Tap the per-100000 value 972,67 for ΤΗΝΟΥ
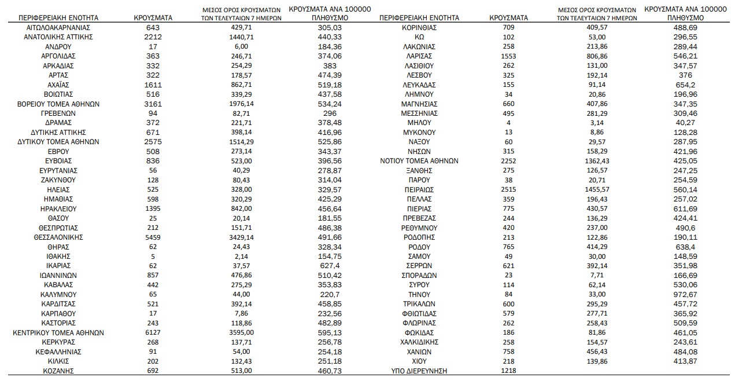[685, 295]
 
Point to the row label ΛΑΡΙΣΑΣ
[419, 56]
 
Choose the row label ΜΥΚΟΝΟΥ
[419, 133]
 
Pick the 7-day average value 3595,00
[241, 333]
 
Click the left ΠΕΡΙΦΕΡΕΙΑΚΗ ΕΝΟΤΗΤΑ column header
[58, 18]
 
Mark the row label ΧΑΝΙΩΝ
[419, 352]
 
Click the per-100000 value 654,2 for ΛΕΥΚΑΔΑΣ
[685, 85]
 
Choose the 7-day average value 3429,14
[241, 237]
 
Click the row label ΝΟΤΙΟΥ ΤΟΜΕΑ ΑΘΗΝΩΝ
[419, 161]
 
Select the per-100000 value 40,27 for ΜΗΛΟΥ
[685, 123]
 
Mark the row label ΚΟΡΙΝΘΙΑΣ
[419, 28]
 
